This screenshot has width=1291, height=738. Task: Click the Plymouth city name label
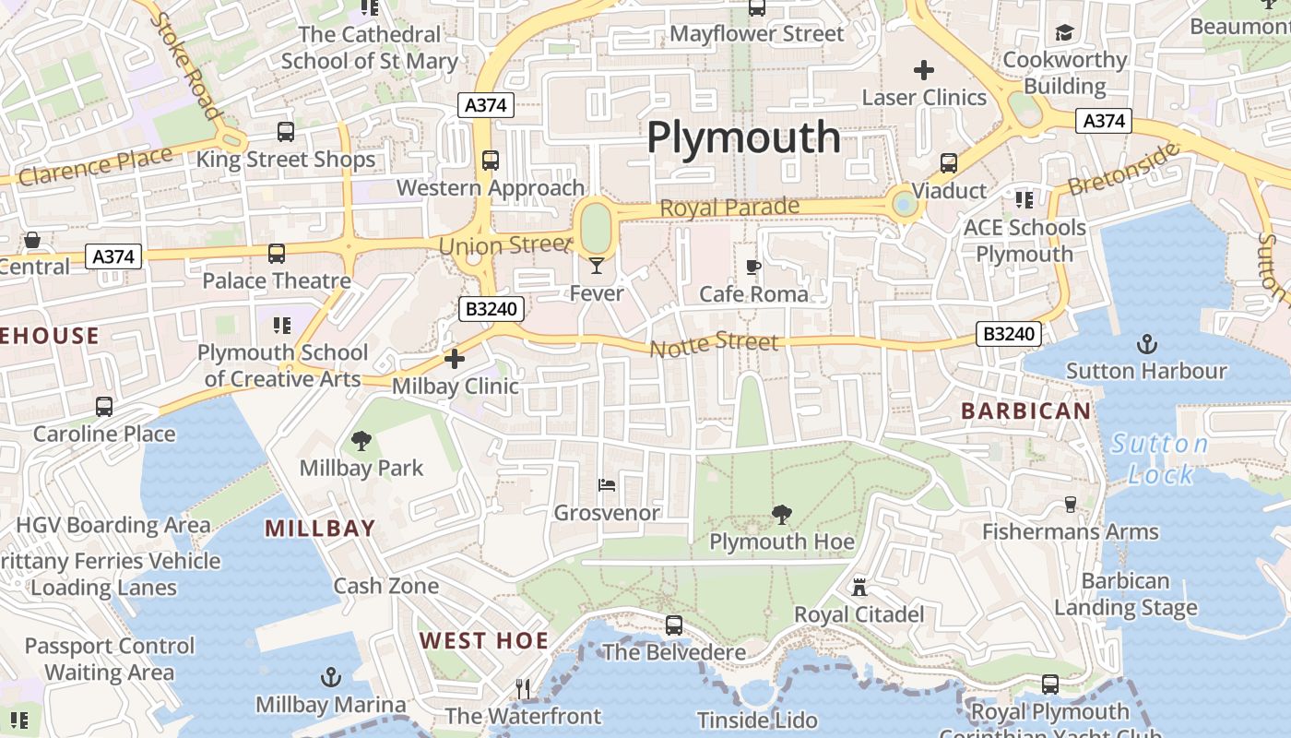tap(743, 137)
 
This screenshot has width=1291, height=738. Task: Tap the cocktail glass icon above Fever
tap(597, 266)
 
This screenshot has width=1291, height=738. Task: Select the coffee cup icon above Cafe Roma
tap(753, 268)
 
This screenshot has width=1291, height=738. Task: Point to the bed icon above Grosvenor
tap(606, 484)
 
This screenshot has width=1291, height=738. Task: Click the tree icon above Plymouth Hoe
tap(782, 514)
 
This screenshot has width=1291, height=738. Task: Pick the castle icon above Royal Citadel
tap(859, 587)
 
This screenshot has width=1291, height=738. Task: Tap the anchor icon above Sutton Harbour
tap(1146, 344)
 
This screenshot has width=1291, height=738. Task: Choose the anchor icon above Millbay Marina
tap(330, 678)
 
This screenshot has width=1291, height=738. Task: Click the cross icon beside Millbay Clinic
tap(455, 359)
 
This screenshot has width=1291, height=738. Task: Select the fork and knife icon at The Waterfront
tap(523, 688)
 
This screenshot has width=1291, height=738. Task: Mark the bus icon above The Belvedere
tap(674, 625)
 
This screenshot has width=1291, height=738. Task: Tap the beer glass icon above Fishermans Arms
tap(1070, 504)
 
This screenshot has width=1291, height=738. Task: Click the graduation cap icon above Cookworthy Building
tap(1065, 33)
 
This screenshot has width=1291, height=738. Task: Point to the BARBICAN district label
tap(1026, 411)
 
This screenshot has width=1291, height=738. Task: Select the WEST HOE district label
tap(483, 640)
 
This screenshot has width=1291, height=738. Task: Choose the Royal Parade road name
tap(729, 207)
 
